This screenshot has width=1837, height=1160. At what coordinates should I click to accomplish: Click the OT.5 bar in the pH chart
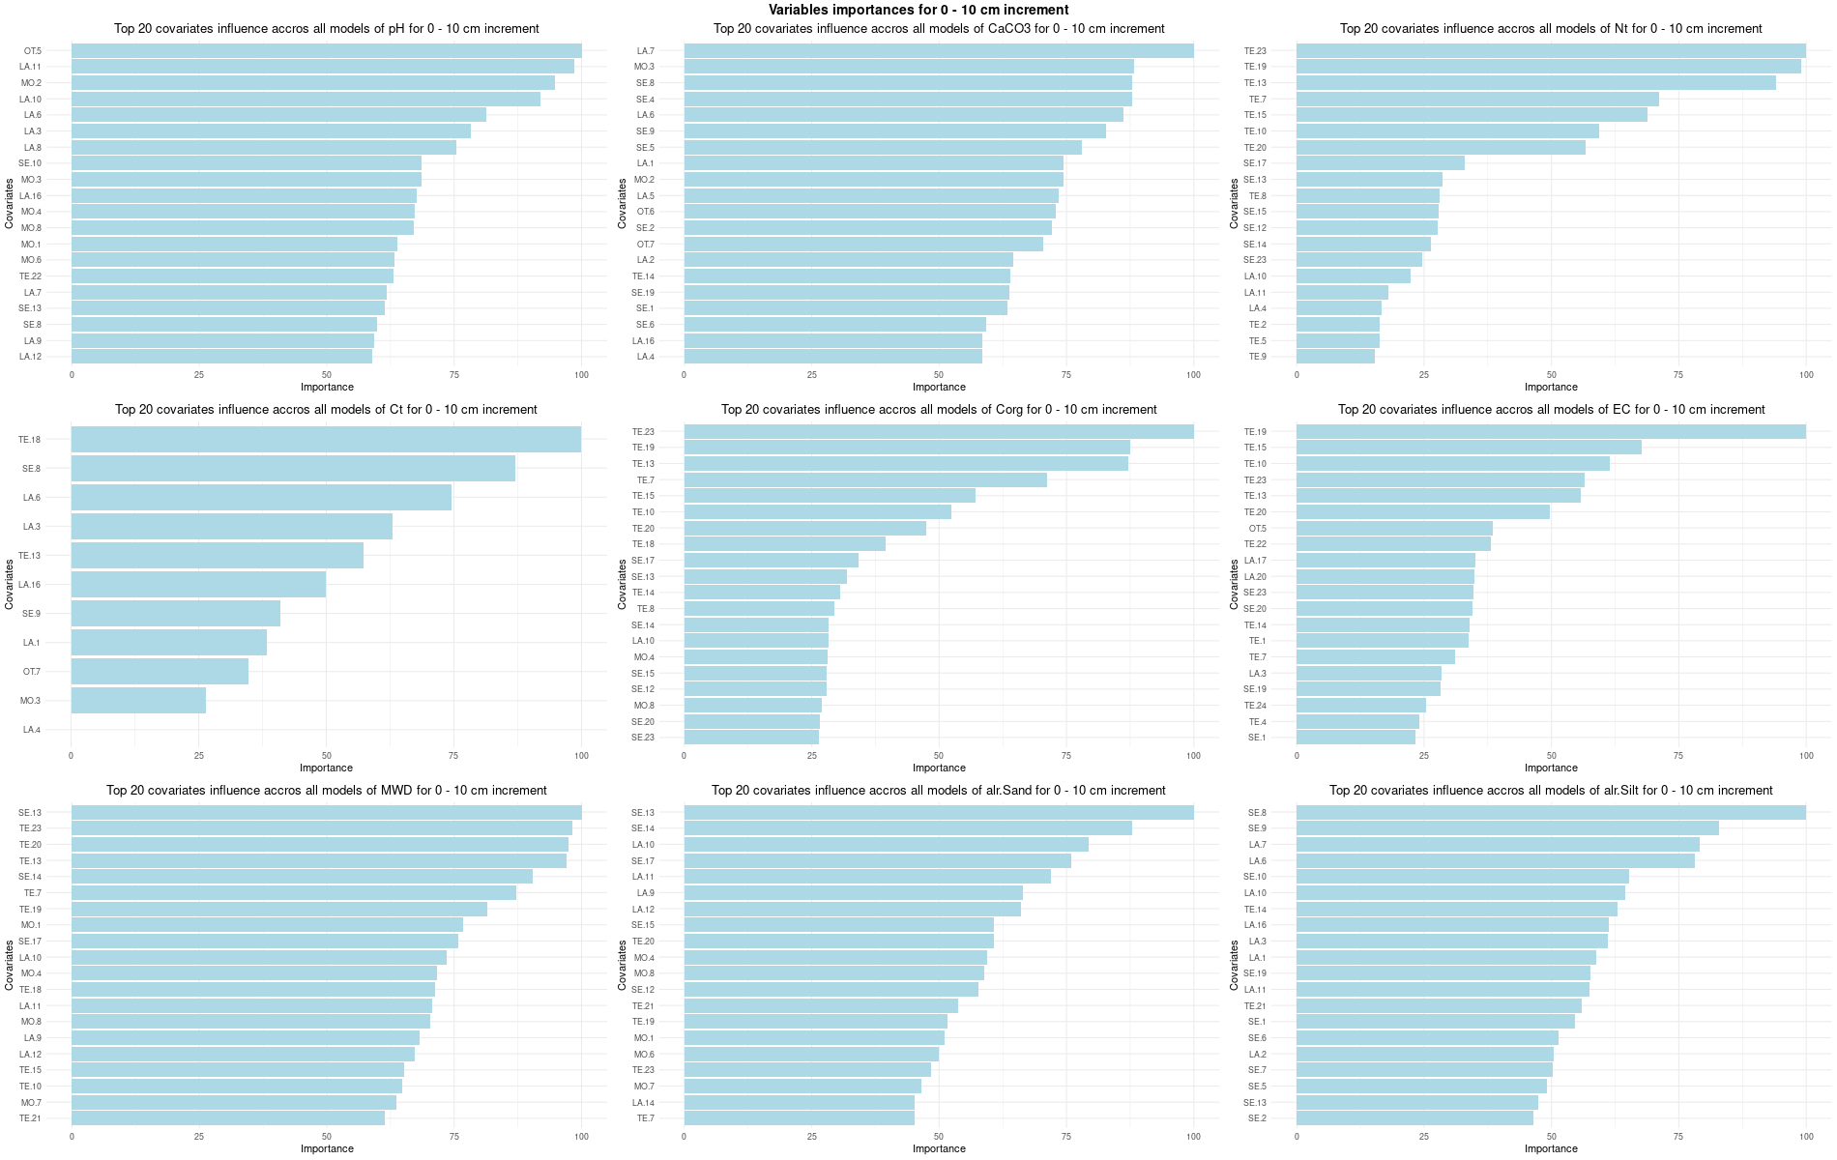click(326, 51)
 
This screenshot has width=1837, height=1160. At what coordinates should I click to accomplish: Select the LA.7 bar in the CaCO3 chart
click(938, 51)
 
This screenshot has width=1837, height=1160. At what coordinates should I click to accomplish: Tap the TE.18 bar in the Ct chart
click(326, 440)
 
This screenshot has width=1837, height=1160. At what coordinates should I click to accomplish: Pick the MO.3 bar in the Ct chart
click(138, 701)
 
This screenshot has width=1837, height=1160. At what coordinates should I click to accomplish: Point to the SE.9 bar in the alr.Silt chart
click(1507, 828)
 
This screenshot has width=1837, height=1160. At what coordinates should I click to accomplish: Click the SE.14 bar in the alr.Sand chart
click(908, 828)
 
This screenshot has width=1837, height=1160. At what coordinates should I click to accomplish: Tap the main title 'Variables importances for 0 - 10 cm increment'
click(918, 10)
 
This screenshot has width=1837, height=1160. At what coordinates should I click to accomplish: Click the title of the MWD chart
click(326, 791)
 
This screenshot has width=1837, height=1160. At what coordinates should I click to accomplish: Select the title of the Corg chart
click(938, 410)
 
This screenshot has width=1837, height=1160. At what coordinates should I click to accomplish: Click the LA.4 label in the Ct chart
click(32, 730)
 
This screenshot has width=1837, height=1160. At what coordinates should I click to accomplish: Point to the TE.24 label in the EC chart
click(1255, 706)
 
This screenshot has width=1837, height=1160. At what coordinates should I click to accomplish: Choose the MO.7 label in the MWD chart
click(31, 1103)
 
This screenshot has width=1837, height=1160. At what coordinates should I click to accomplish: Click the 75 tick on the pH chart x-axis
click(453, 375)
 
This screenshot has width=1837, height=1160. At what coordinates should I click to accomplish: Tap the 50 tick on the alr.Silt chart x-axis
click(1551, 1137)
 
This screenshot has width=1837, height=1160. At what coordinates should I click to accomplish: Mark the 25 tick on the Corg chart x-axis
click(811, 756)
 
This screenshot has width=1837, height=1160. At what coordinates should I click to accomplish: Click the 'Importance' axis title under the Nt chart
click(1551, 388)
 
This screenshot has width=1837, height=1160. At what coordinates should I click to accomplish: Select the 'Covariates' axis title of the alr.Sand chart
click(623, 965)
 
